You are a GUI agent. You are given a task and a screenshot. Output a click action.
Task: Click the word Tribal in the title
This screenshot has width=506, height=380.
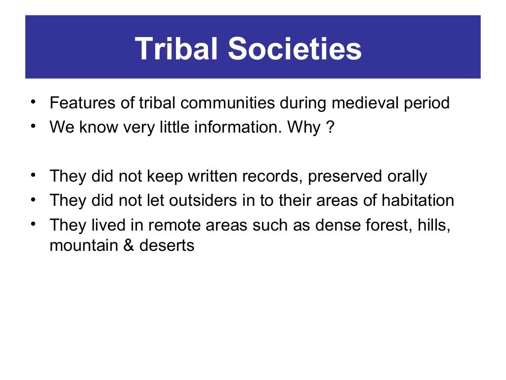click(177, 48)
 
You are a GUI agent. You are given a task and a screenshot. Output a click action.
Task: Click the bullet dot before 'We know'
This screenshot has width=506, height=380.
click(33, 126)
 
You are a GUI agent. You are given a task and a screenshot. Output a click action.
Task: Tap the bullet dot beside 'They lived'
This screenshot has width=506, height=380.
click(33, 223)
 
